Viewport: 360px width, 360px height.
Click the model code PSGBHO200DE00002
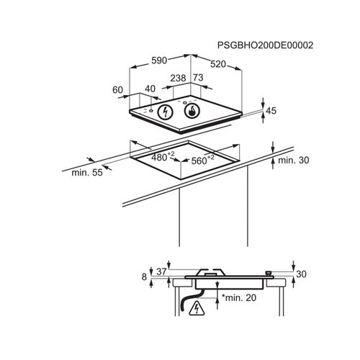(265, 45)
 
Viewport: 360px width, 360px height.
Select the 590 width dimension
(159, 60)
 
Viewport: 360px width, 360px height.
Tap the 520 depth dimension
(218, 64)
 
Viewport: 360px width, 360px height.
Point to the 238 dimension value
(178, 78)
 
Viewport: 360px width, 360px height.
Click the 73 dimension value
(198, 78)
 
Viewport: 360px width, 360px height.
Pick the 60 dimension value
(117, 90)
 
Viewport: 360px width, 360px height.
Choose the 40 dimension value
(150, 89)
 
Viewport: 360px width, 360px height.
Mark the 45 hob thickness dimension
(271, 111)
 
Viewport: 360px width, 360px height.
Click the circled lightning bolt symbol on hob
(165, 112)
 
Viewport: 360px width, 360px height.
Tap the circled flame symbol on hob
(192, 111)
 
